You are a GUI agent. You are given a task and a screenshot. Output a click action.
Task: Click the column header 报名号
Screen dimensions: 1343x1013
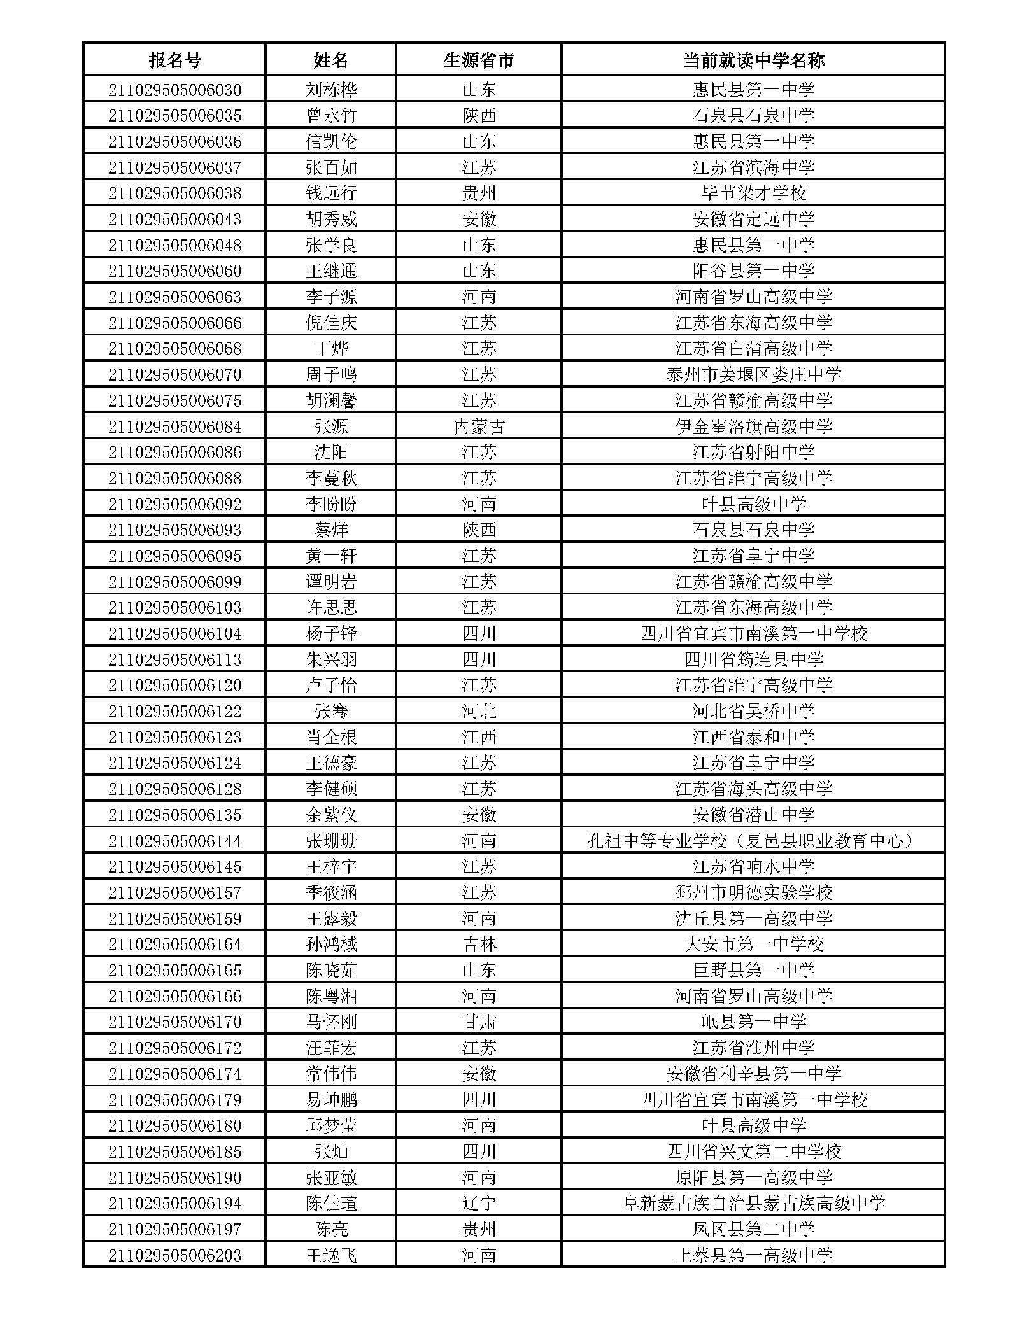coord(174,60)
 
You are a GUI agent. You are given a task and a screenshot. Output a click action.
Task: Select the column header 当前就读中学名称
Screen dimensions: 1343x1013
coord(753,60)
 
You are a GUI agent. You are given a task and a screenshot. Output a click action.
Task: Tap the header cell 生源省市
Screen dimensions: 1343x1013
coord(478,60)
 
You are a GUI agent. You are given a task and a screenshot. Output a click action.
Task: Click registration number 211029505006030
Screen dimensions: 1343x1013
coord(174,90)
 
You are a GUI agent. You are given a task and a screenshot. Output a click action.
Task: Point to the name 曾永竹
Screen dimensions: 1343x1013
coord(331,116)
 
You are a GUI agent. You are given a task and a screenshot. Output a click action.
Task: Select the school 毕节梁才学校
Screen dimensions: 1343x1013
coord(753,193)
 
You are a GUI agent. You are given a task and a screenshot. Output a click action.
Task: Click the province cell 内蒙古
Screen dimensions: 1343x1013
coord(478,426)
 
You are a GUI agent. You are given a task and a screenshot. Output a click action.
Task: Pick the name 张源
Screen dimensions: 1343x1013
coord(331,426)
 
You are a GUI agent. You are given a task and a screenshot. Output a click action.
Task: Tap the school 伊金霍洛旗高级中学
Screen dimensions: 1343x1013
coord(753,426)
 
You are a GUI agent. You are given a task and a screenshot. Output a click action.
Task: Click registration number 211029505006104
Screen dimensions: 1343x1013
coord(174,634)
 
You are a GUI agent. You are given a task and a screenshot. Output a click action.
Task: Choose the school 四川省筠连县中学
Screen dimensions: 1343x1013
coord(753,659)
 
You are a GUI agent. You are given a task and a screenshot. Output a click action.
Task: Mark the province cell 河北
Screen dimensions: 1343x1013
coord(478,711)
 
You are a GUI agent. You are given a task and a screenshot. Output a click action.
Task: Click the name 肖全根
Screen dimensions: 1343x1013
coord(331,737)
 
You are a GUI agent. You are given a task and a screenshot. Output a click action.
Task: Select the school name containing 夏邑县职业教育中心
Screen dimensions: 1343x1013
coord(753,841)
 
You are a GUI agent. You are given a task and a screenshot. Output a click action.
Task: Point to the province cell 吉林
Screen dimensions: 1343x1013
coord(478,945)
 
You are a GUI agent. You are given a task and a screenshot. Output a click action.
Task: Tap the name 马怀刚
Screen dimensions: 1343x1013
coord(331,1022)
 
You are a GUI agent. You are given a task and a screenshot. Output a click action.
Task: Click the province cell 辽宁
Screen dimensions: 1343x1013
coord(478,1204)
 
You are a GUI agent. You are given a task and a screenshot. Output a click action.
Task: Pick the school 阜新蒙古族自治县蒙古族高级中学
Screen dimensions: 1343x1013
coord(753,1204)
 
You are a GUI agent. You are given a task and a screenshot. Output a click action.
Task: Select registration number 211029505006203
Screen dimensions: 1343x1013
coord(174,1256)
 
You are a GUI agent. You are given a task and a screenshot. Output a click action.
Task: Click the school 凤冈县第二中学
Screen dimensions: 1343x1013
coord(753,1230)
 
